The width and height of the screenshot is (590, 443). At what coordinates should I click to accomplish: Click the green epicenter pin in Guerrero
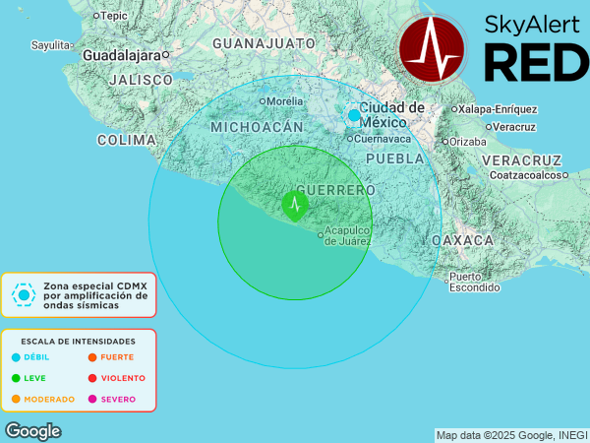pyautogui.click(x=294, y=205)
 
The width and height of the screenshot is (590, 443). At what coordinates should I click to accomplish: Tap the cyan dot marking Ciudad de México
pyautogui.click(x=354, y=115)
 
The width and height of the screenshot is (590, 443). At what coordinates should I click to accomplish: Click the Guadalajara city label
pyautogui.click(x=123, y=56)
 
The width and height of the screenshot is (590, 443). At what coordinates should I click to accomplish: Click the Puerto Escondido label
pyautogui.click(x=475, y=282)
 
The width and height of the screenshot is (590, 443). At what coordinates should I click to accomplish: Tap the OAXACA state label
pyautogui.click(x=462, y=240)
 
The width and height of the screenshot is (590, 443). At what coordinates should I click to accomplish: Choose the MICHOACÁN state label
pyautogui.click(x=257, y=128)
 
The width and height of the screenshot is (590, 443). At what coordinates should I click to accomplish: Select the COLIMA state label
pyautogui.click(x=127, y=141)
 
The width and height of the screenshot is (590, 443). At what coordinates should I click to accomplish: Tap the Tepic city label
pyautogui.click(x=113, y=16)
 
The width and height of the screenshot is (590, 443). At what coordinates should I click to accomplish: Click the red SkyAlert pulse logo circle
pyautogui.click(x=434, y=48)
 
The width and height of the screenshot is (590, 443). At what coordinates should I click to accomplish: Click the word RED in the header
pyautogui.click(x=536, y=62)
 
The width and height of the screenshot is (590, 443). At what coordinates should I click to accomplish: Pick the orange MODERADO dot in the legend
pyautogui.click(x=16, y=399)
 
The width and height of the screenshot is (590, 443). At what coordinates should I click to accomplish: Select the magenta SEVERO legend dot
pyautogui.click(x=92, y=399)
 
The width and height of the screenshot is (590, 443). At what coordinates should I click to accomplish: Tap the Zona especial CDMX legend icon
pyautogui.click(x=24, y=293)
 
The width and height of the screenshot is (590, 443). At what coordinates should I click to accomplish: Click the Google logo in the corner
pyautogui.click(x=32, y=431)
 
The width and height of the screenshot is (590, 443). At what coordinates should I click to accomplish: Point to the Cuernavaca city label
pyautogui.click(x=383, y=138)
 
